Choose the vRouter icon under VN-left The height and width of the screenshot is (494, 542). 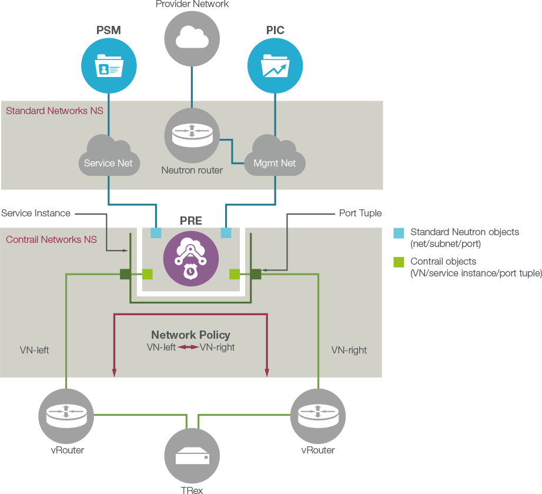66,416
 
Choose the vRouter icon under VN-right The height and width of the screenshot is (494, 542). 318,416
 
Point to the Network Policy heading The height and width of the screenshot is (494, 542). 190,335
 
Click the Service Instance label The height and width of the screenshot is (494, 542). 36,213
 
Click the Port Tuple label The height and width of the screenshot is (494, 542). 360,213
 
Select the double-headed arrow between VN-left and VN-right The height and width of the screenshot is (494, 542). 188,348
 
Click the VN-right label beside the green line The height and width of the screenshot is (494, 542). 349,350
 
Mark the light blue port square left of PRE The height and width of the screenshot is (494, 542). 156,233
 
